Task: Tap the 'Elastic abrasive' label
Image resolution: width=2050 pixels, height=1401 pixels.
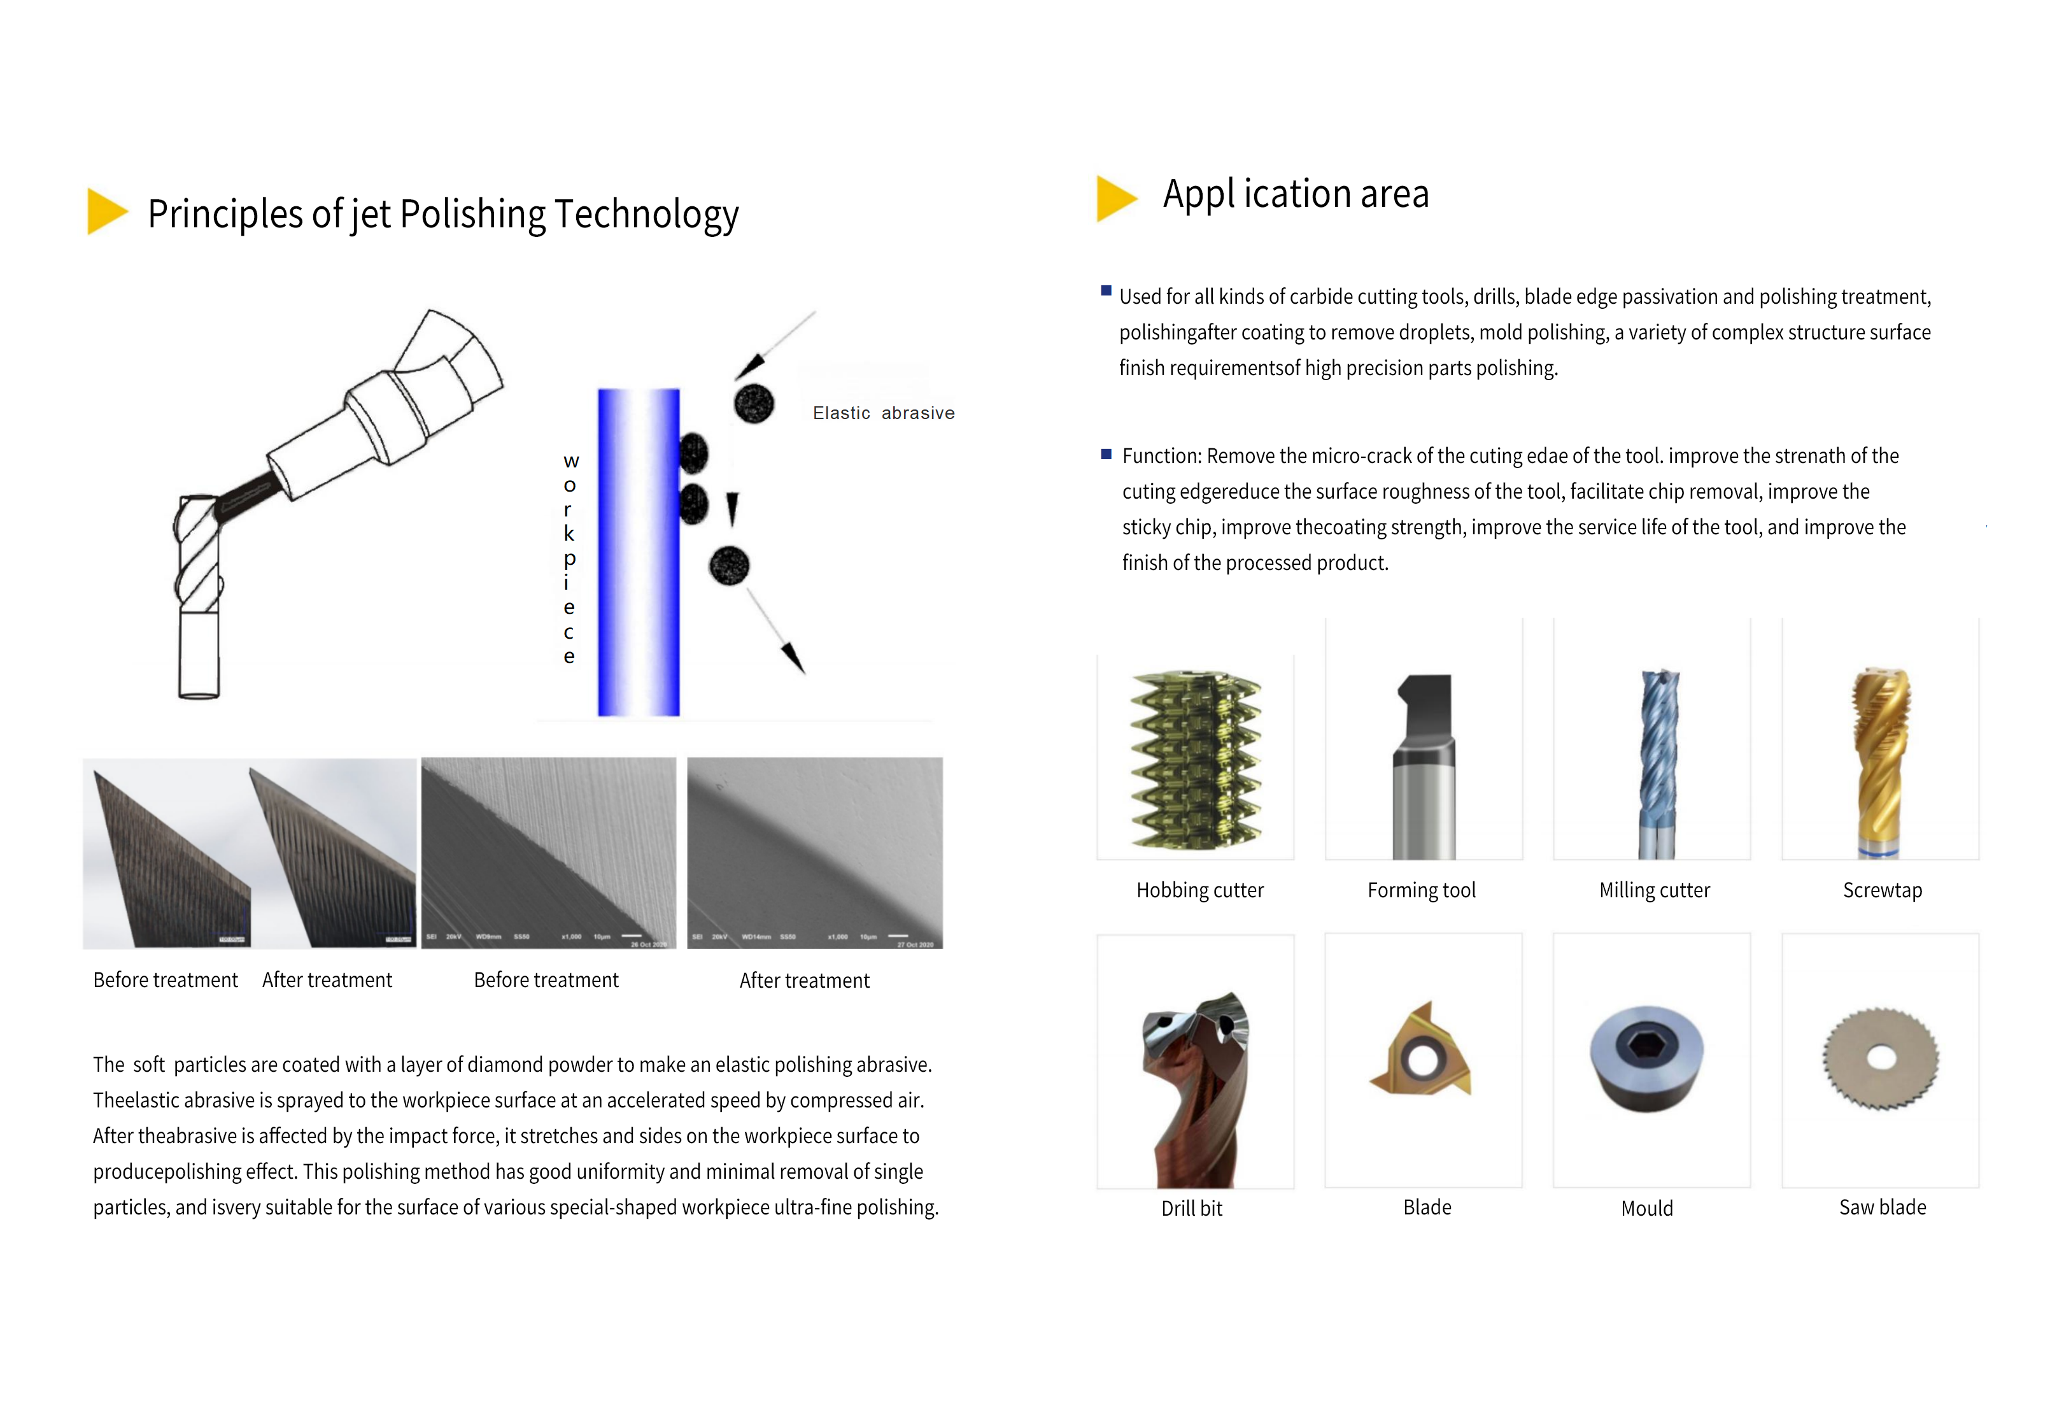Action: coord(883,413)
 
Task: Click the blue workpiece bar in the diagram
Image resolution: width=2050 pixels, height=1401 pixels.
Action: coord(639,551)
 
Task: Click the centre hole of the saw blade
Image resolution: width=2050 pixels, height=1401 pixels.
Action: coord(1881,1057)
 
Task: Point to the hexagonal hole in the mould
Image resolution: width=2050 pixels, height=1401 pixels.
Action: coord(1646,1046)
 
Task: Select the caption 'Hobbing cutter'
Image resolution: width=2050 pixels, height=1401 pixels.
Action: coord(1199,890)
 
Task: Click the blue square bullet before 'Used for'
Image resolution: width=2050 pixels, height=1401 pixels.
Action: coord(1106,290)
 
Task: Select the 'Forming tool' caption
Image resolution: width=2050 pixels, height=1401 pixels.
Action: coord(1421,890)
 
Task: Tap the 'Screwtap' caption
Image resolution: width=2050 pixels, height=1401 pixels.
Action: coord(1883,890)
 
